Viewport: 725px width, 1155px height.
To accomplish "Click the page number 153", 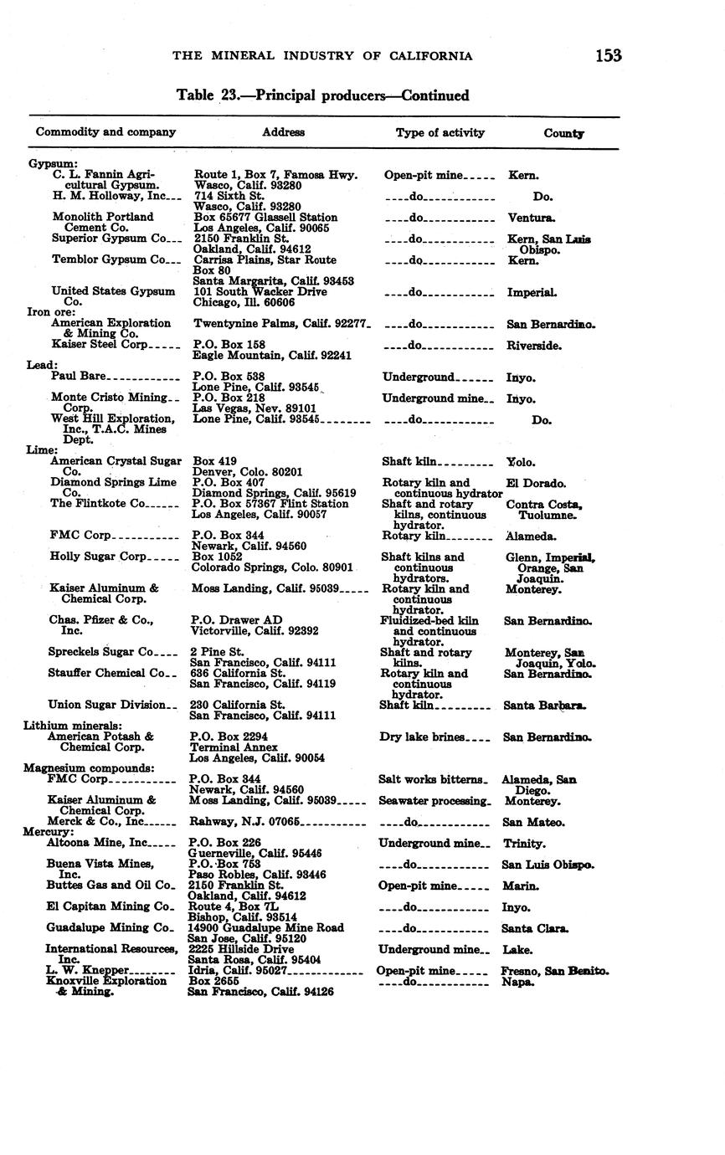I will coord(609,55).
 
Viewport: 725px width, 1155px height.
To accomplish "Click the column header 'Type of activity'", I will coord(440,132).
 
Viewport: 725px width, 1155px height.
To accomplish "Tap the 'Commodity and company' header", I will coord(105,132).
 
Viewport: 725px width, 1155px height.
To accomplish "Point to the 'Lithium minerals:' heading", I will coord(73,726).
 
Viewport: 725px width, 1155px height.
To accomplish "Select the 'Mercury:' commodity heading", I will coord(49,832).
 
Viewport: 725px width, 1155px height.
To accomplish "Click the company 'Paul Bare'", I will coord(79,376).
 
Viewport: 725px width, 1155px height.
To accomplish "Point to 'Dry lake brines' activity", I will coord(422,737).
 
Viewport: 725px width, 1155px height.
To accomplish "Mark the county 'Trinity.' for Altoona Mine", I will coord(524,844).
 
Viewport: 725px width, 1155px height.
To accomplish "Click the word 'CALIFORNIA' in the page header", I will coord(430,56).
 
